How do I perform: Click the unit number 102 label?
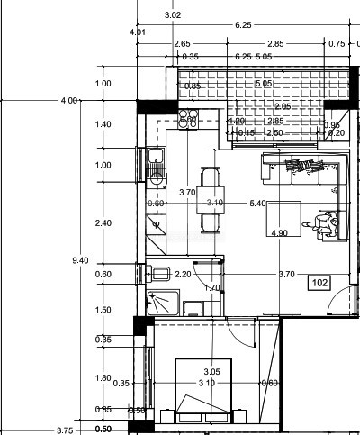[319, 283]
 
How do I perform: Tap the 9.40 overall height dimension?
[80, 260]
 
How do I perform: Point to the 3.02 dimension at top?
[173, 15]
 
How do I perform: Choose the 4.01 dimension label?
[138, 32]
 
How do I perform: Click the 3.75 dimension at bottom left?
[65, 430]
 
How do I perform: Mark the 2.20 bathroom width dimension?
[183, 274]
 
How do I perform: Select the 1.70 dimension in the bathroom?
[212, 288]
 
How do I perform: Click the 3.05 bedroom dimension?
[211, 372]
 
